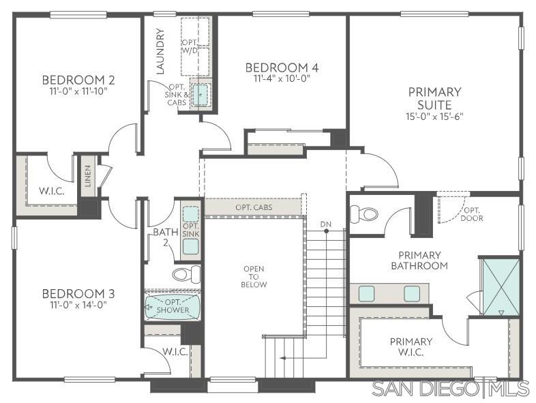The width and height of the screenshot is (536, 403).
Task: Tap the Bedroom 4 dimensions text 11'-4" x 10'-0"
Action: coord(281,78)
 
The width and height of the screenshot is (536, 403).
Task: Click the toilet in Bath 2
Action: coord(185,274)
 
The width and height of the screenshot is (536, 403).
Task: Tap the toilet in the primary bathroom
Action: coord(363,214)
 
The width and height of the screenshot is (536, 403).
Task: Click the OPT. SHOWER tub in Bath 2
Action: coord(173,308)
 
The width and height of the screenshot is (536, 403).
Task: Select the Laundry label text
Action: coord(160,51)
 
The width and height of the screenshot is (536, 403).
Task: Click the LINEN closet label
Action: coord(88,177)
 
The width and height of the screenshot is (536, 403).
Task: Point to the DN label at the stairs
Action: coord(326,224)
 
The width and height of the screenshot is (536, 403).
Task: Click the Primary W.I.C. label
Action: coord(411,346)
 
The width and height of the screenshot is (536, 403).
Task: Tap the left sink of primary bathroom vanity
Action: coord(367,294)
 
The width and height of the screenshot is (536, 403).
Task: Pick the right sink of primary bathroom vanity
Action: coord(411,294)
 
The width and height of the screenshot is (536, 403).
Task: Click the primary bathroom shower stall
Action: coord(500,286)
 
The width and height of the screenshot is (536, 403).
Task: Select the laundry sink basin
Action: coord(200,95)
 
